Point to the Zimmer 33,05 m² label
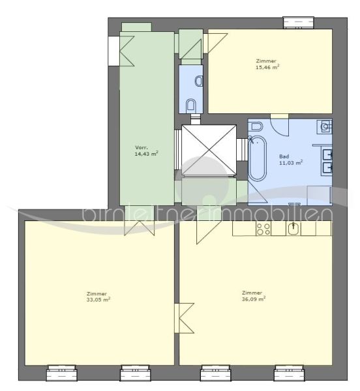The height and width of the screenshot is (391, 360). coord(98,297)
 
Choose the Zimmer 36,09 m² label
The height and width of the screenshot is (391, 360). coord(252,297)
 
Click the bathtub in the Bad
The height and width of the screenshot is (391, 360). coord(257,159)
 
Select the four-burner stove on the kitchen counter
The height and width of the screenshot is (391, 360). coord(263,229)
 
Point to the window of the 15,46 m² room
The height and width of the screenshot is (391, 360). coord(299,23)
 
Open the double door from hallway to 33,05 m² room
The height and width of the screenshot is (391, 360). coord(140,227)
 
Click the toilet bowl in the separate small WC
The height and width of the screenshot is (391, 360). coord(191,104)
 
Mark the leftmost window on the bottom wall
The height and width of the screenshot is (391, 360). coord(61,373)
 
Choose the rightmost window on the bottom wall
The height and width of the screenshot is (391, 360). coord(290,373)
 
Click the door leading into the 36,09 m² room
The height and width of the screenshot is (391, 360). coord(207,229)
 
